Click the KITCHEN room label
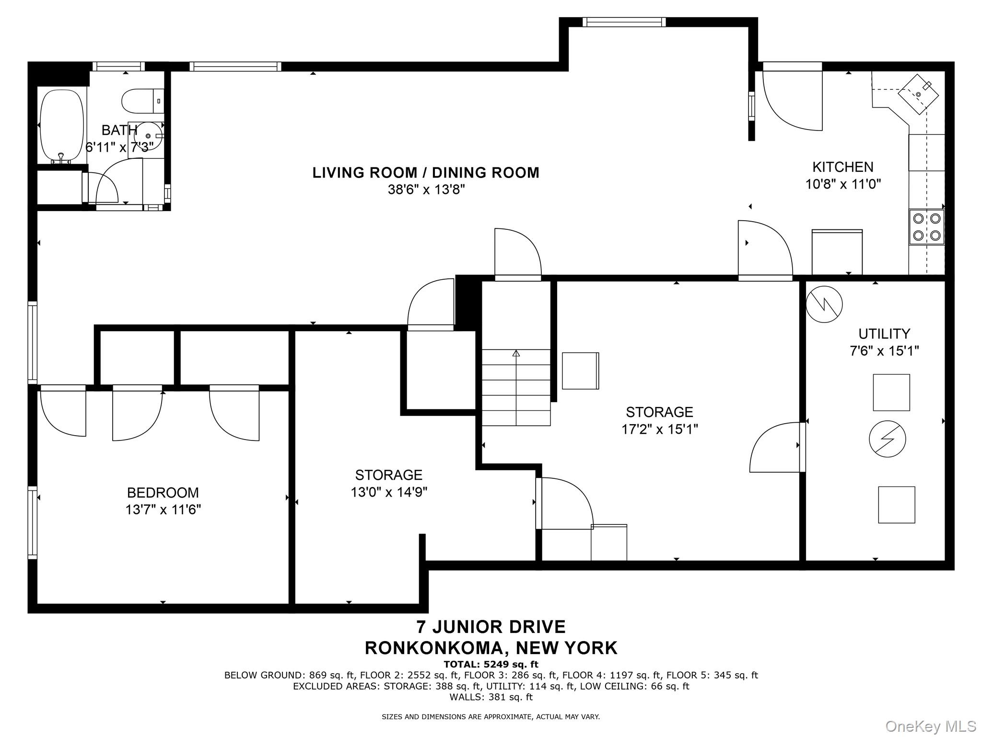click(842, 167)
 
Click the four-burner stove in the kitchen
click(926, 227)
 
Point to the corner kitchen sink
click(918, 95)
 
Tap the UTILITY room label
click(884, 333)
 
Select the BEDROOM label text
click(163, 493)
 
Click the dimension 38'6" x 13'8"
click(426, 190)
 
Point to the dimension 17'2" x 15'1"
click(659, 429)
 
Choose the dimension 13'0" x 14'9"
click(388, 492)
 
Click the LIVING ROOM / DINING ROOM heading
click(426, 173)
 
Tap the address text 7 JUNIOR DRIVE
click(491, 627)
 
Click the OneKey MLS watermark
click(930, 726)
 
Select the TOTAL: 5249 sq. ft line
click(491, 664)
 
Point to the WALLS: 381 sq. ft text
click(491, 697)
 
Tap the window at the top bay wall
click(624, 22)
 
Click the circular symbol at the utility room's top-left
click(824, 304)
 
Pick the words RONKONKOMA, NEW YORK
click(491, 648)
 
